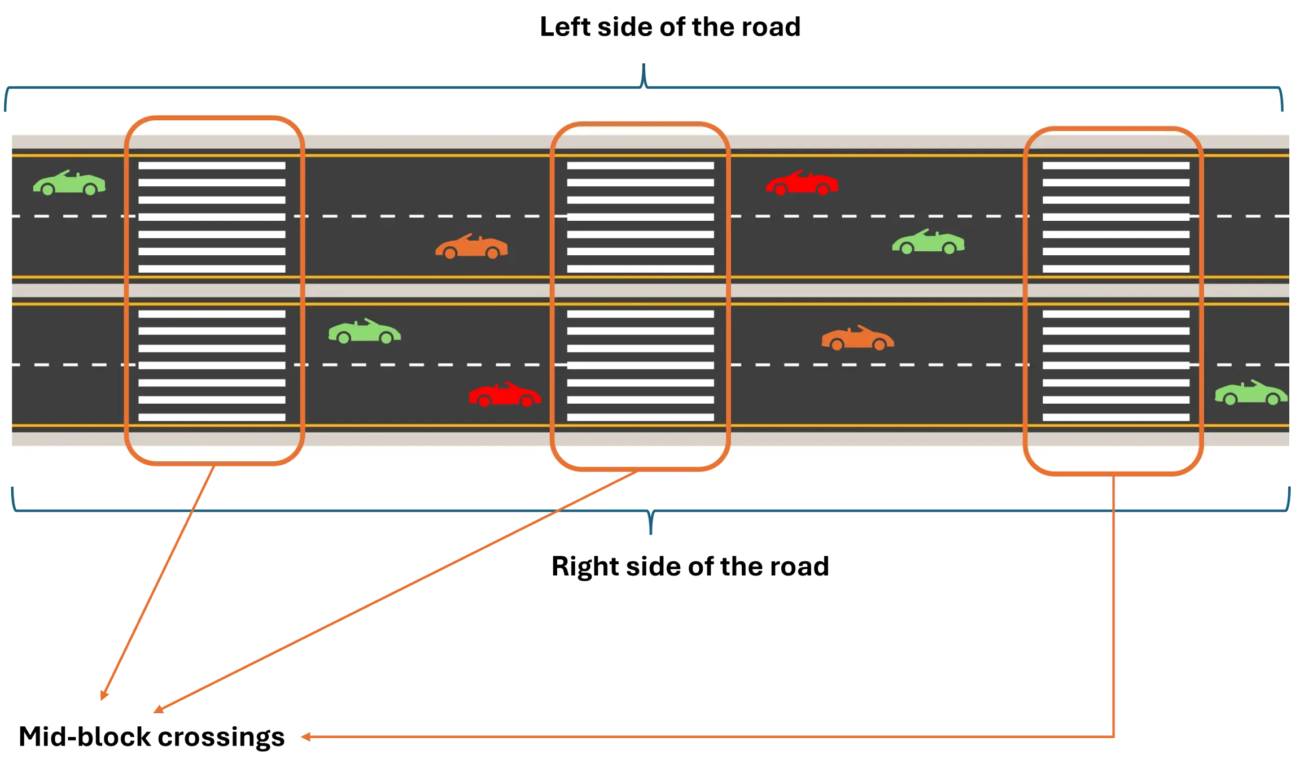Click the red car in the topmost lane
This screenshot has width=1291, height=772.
point(802,184)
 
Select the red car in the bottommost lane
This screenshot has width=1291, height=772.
point(505,395)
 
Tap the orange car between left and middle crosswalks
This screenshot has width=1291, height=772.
point(471,247)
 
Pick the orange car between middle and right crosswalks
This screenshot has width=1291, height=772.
point(857,338)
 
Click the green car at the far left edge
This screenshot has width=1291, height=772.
point(69,184)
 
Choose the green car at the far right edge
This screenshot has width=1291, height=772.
point(1251,393)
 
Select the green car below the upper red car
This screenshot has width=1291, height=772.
point(928,242)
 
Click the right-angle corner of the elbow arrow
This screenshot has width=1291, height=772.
point(1114,737)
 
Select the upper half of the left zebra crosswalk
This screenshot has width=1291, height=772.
point(212,217)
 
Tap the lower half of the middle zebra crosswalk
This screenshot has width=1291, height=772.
point(640,365)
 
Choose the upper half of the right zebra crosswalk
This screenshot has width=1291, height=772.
point(1115,217)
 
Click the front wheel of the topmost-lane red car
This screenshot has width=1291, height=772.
point(781,190)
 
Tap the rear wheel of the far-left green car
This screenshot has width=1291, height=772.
point(90,190)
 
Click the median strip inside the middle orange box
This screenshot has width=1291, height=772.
point(640,290)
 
